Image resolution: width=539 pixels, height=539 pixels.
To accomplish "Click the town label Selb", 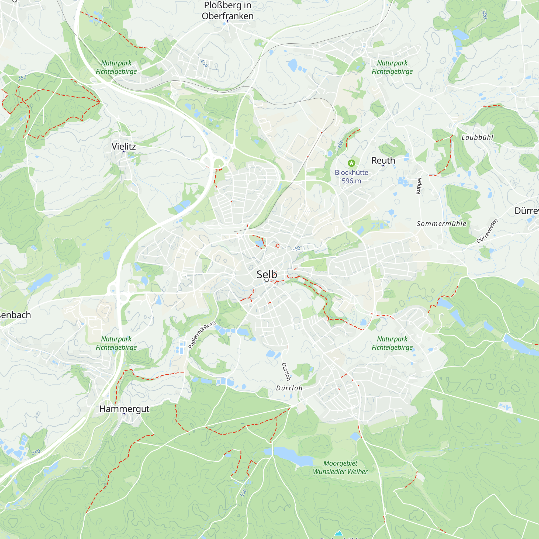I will pyautogui.click(x=267, y=275).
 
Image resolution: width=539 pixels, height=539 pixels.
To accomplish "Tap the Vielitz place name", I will pyautogui.click(x=124, y=146).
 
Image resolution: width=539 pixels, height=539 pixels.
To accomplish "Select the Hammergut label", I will pyautogui.click(x=124, y=409).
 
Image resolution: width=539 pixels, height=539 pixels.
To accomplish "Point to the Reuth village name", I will pyautogui.click(x=383, y=160).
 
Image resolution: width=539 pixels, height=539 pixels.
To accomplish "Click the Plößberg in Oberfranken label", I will pyautogui.click(x=228, y=11).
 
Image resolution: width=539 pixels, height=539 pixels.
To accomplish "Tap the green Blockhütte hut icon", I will pyautogui.click(x=351, y=163).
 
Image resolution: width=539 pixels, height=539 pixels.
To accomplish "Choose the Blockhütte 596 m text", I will pyautogui.click(x=351, y=177).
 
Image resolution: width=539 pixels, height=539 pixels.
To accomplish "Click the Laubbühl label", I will pyautogui.click(x=477, y=137).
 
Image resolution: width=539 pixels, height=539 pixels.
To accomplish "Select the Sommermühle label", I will pyautogui.click(x=441, y=223).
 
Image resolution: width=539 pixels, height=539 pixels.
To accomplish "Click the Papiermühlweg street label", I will pyautogui.click(x=202, y=335).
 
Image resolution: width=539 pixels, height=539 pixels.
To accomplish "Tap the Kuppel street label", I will pyautogui.click(x=419, y=186).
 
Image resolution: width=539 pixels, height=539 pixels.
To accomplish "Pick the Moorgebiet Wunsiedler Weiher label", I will pyautogui.click(x=340, y=467).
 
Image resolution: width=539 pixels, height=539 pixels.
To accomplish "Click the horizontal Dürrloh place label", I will pyautogui.click(x=289, y=388).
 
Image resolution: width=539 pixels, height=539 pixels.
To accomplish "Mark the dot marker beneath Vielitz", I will pyautogui.click(x=124, y=151).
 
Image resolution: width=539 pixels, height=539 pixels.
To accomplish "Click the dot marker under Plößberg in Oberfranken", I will pyautogui.click(x=227, y=21).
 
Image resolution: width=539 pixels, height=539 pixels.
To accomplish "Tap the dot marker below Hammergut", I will pyautogui.click(x=125, y=414).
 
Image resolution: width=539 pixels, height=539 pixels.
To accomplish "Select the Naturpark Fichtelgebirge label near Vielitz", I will pyautogui.click(x=116, y=67).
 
